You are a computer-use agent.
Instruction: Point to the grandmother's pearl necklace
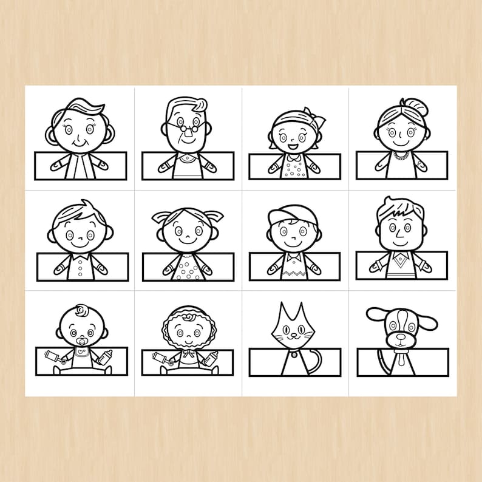(401, 156)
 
